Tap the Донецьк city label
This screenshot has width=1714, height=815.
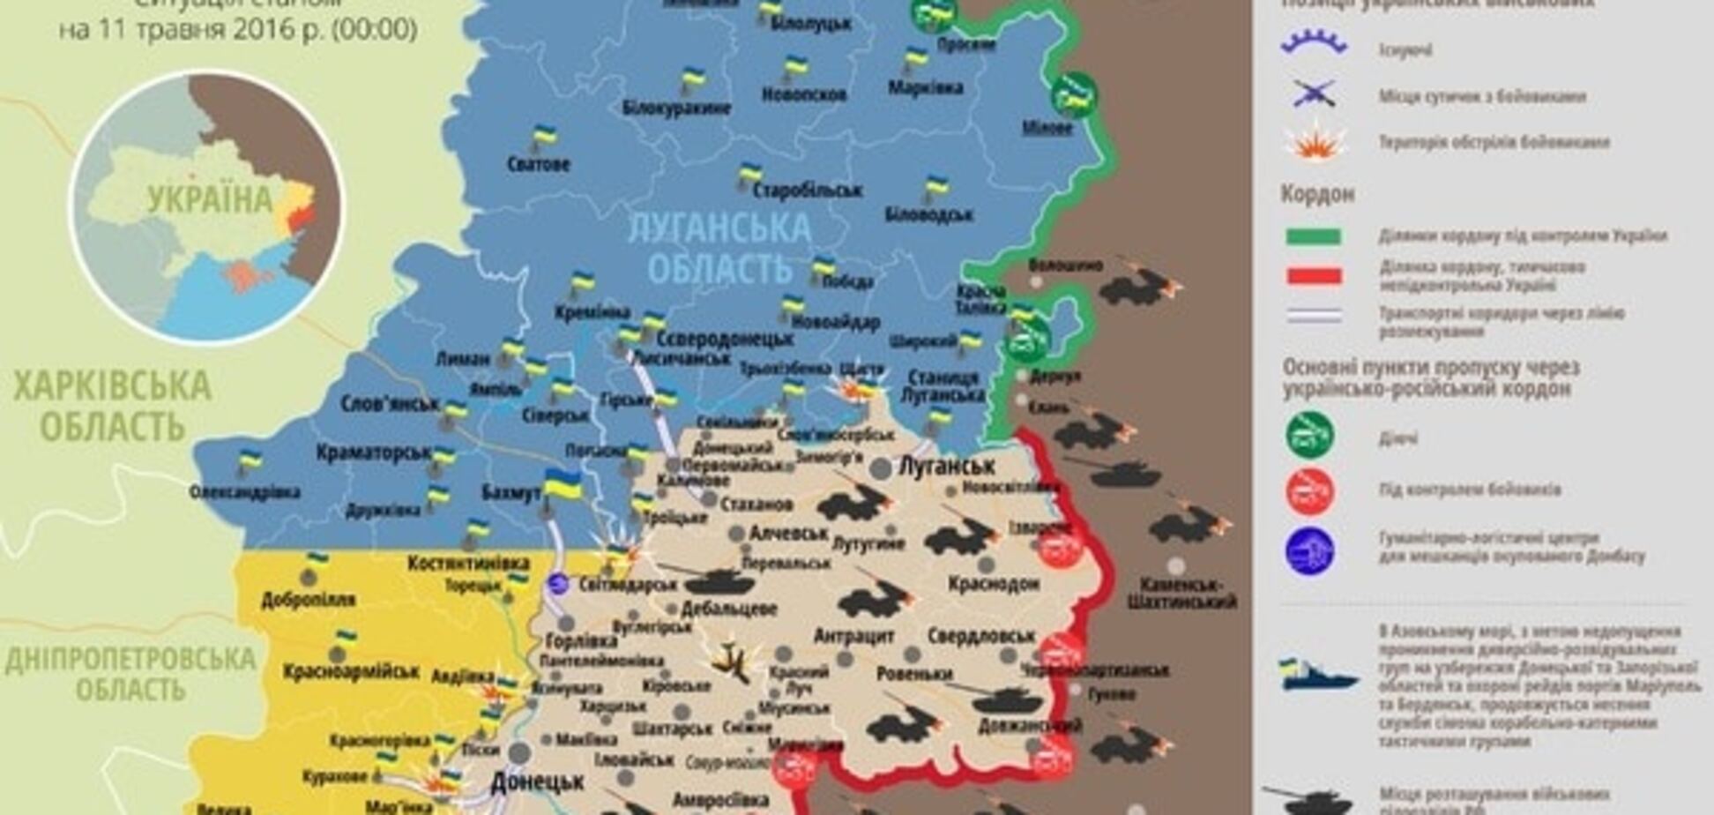(537, 782)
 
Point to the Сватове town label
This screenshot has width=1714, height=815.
(539, 164)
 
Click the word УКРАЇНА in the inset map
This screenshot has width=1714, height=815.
(210, 200)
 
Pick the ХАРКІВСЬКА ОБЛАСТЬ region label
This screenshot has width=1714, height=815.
(112, 406)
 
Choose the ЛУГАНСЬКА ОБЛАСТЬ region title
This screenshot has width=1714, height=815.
(719, 247)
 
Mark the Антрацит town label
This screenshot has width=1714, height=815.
(853, 636)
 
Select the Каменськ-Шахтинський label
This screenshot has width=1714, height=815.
(1182, 593)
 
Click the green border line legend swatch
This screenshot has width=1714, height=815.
(1314, 236)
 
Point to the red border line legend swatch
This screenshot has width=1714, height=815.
(1314, 276)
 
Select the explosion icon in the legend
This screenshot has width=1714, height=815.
(1315, 143)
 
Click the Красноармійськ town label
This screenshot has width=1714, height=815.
(351, 672)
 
